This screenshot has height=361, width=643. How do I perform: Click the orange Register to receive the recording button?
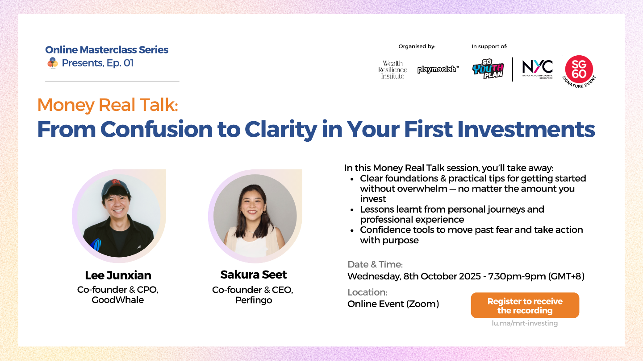point(525,305)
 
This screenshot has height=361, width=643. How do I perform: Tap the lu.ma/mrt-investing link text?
point(525,323)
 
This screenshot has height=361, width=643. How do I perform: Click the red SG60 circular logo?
point(579,71)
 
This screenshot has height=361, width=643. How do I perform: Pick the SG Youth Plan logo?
point(488,69)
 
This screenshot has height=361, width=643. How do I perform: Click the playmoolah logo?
point(438,69)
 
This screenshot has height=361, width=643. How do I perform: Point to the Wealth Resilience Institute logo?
point(392,70)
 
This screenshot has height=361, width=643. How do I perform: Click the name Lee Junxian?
point(118,275)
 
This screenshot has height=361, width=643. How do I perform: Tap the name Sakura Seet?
point(254,275)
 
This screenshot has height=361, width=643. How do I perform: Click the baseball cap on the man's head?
point(115,186)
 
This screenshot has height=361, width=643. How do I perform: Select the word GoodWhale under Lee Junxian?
point(118,299)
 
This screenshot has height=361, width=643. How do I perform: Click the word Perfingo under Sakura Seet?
point(254,300)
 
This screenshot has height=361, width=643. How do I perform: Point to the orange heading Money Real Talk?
point(108,105)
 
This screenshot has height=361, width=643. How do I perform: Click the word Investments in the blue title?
point(526,129)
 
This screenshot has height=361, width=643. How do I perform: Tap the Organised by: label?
point(417,46)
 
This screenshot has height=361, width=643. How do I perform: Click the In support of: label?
point(489,46)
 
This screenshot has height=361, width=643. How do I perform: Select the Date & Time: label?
point(375,264)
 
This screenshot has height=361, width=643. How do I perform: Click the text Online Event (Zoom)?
point(393,304)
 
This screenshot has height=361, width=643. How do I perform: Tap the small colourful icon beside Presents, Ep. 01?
point(53,63)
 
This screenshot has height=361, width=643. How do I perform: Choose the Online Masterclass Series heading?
point(107,49)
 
